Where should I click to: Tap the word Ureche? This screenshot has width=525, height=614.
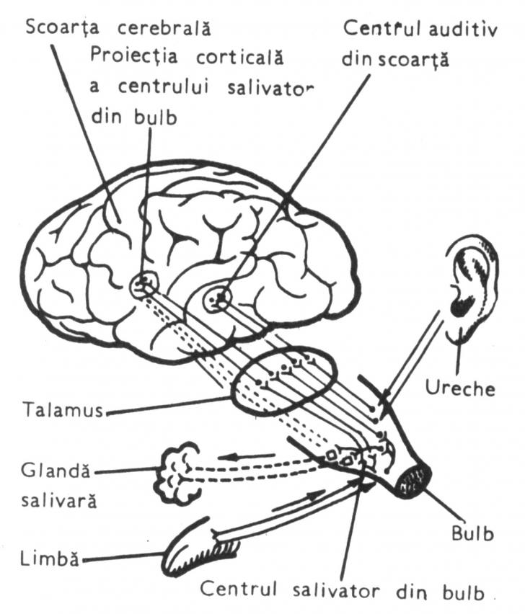point(469,389)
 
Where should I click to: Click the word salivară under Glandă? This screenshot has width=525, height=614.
point(51,500)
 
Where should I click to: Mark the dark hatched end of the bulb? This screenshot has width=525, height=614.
point(416,481)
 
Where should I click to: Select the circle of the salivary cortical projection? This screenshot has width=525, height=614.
point(144,285)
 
